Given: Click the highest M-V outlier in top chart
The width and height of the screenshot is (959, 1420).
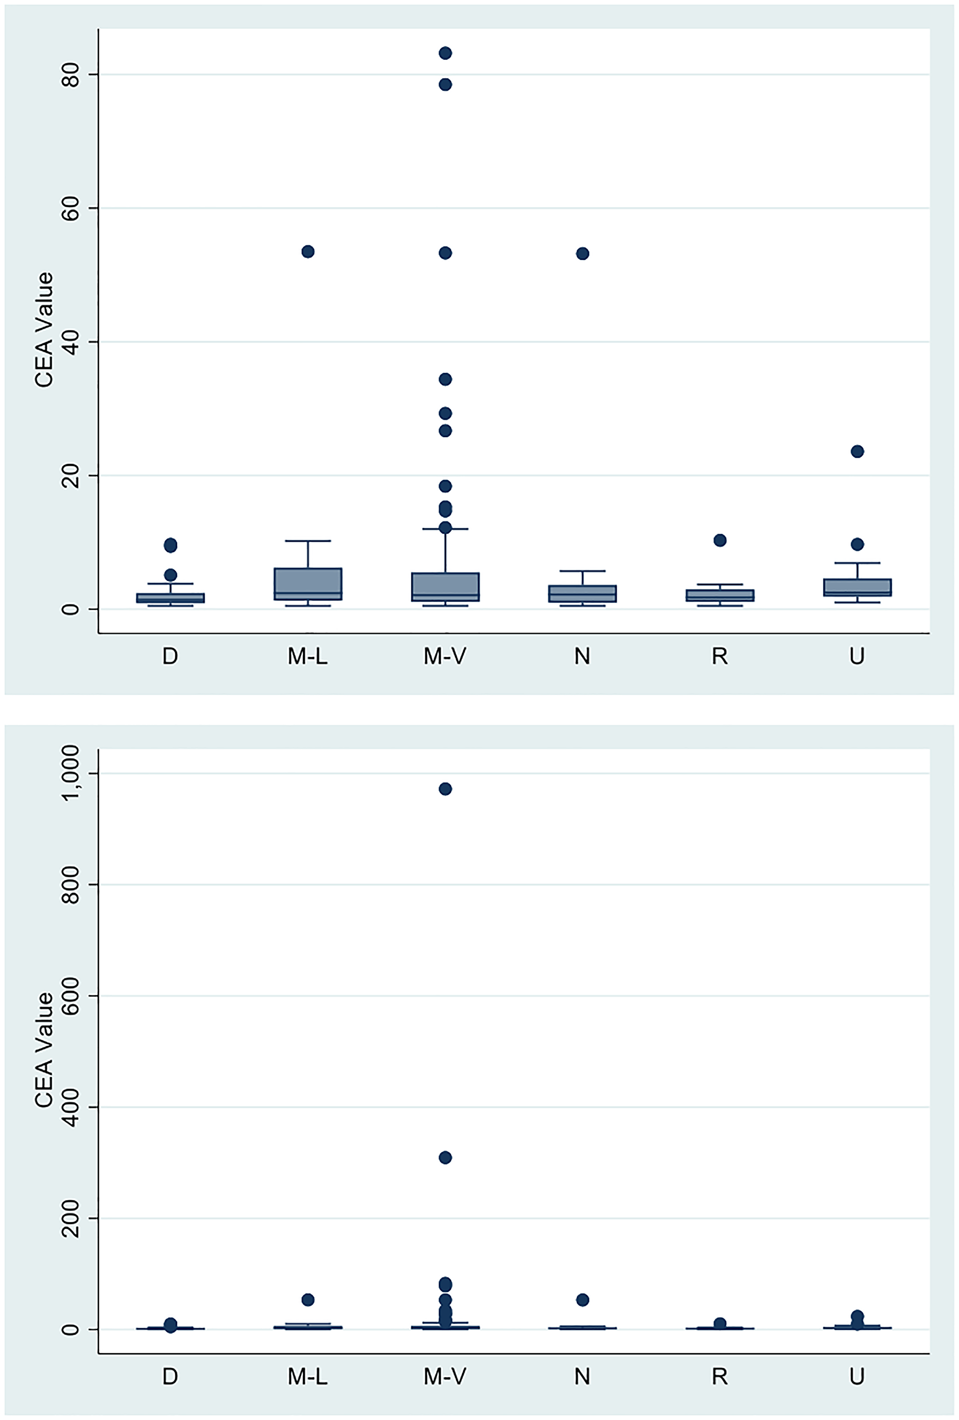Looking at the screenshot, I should (445, 53).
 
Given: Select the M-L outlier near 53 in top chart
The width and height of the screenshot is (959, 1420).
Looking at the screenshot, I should (308, 252).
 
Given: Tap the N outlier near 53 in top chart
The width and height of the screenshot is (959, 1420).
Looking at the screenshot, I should (583, 254).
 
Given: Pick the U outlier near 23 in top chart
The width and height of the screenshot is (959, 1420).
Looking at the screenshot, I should (857, 452).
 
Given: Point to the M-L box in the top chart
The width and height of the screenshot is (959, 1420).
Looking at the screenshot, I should (308, 583).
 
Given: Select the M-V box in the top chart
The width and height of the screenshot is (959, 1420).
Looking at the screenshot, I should (445, 587).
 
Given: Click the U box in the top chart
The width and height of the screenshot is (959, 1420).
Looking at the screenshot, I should (857, 587).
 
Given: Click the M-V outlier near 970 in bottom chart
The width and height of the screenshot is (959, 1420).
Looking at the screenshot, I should (445, 789).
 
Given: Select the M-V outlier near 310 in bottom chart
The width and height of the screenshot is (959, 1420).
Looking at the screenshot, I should (445, 1157).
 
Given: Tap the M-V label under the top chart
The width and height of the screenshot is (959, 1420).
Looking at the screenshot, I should (445, 656).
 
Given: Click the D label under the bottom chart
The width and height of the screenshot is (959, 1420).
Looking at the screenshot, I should (170, 1376).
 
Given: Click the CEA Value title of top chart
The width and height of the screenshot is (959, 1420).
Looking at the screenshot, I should (44, 330).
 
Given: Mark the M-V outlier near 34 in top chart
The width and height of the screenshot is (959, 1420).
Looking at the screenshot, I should (445, 379).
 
